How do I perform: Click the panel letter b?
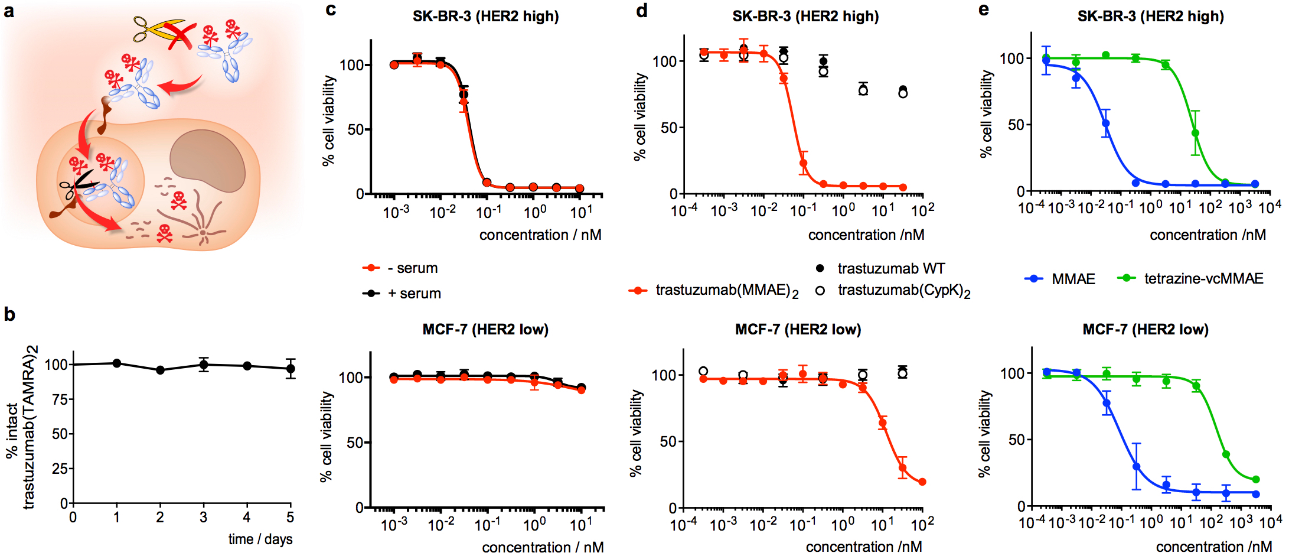click(x=9, y=314)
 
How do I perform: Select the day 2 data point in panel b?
click(x=160, y=370)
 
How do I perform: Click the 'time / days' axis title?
click(x=260, y=539)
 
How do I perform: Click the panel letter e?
click(x=983, y=9)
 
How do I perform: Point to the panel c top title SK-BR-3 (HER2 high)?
click(x=485, y=16)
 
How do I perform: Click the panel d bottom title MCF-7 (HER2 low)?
click(x=798, y=329)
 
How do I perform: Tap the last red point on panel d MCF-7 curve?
click(x=922, y=482)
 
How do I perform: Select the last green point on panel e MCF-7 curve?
click(x=1256, y=480)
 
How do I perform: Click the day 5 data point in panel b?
click(x=291, y=369)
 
